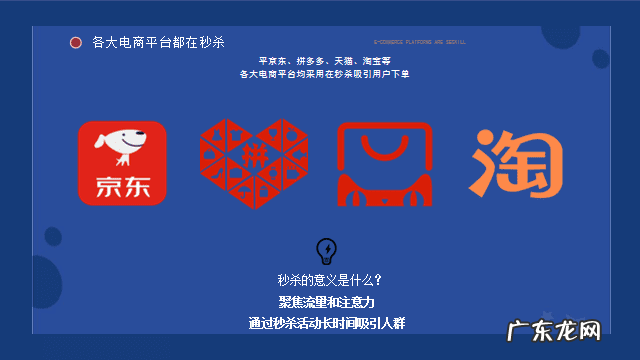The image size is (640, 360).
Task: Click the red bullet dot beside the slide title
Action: pos(75,42)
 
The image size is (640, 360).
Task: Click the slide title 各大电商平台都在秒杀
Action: pos(158,42)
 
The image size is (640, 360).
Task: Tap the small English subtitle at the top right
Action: pos(419,43)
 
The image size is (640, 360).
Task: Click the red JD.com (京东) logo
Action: pos(122,163)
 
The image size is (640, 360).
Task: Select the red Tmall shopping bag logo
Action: pos(384,163)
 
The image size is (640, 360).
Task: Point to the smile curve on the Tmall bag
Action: pos(384,150)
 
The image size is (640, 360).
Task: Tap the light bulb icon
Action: pos(326,250)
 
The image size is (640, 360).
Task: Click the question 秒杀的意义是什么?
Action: pos(329,280)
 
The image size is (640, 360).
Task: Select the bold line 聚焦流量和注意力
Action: pos(327,301)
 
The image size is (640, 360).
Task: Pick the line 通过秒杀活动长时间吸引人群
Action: pos(327,323)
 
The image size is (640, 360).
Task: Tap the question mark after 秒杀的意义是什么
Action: pos(376,280)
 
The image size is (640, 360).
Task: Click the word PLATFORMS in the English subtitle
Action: pos(417,43)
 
